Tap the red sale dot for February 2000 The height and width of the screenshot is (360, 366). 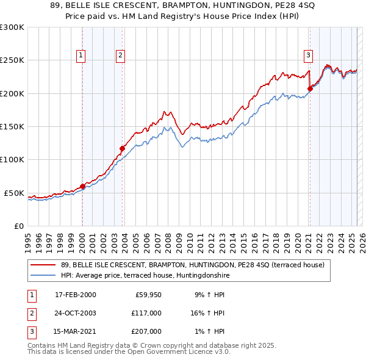82,187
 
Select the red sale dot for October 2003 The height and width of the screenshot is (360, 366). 122,148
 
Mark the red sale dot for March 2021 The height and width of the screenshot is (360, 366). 310,88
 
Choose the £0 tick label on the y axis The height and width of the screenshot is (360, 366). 18,226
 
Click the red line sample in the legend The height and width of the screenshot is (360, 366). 44,265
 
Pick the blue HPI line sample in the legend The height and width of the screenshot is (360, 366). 44,275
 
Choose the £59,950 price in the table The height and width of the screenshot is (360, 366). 148,295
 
